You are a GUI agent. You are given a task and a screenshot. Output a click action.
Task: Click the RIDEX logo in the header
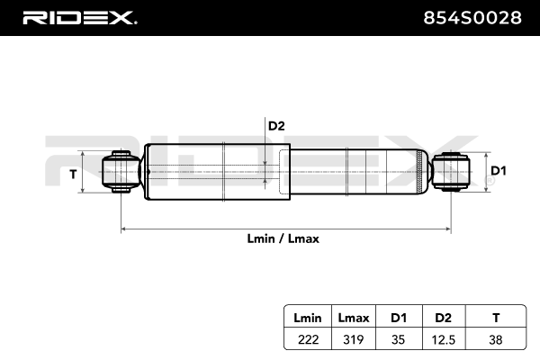(79, 17)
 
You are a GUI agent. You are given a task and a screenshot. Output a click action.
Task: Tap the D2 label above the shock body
(276, 126)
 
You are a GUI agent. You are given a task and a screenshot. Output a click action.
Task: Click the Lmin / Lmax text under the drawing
(283, 239)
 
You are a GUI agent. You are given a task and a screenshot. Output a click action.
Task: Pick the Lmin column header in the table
(306, 318)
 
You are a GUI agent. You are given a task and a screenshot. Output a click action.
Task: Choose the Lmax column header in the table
(353, 318)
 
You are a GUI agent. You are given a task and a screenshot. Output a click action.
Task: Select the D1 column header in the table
(398, 318)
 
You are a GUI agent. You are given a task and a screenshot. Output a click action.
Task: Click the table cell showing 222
(306, 339)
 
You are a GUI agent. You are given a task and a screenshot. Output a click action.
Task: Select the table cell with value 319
(353, 339)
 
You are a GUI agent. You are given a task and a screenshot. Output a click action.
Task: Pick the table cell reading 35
(398, 339)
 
